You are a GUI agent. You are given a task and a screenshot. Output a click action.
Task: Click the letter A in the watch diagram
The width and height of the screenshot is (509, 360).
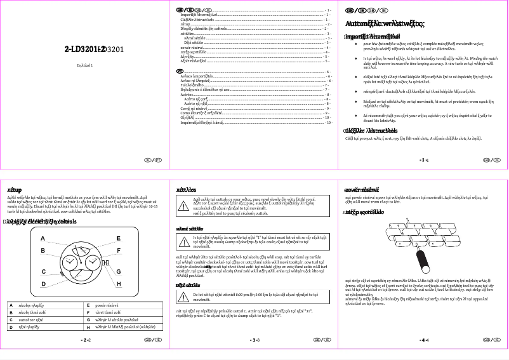42,238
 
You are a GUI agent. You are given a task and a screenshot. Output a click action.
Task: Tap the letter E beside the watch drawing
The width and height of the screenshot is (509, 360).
118,238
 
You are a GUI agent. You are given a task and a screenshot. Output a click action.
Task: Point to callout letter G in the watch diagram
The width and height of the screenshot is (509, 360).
118,271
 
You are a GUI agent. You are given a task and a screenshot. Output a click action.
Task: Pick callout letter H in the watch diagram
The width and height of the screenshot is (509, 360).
118,283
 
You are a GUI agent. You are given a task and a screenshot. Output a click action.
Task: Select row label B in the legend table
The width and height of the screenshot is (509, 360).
10,312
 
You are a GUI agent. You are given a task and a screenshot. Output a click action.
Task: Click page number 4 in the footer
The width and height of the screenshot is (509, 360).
424,340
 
